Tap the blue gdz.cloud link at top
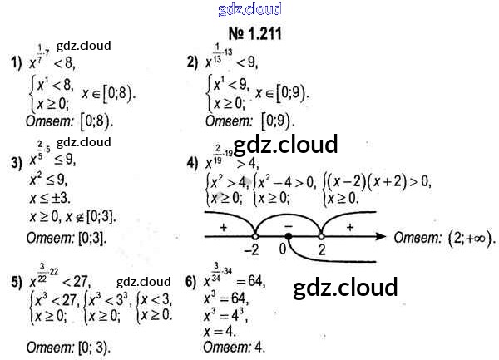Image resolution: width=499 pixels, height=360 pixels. tap(249, 10)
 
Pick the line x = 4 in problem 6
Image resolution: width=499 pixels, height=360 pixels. tap(221, 330)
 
